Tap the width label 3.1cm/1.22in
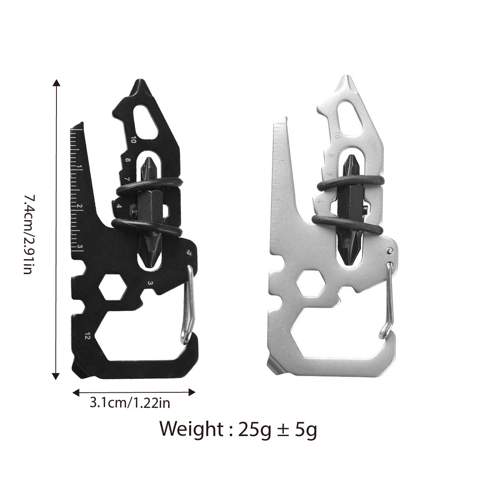tap(130, 403)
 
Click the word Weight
tap(190, 429)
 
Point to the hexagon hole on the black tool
tap(112, 287)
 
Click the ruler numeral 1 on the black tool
tap(81, 167)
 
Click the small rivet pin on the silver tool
tap(390, 250)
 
